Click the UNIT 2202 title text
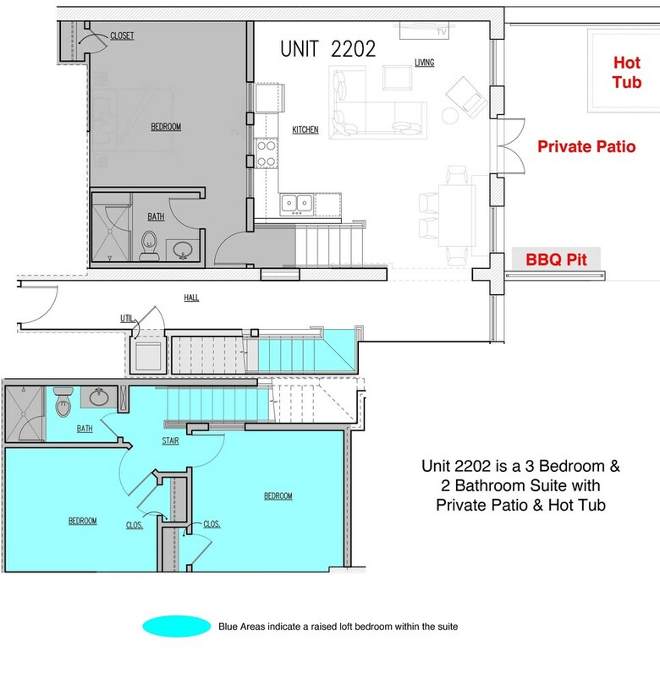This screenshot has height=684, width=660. coord(327,49)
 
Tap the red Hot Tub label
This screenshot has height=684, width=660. coord(627,73)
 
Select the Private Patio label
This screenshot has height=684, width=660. coord(586,146)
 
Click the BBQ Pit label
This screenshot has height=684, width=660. coord(556,260)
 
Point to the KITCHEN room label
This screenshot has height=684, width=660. coord(305,129)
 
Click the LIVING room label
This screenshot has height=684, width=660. coord(424,63)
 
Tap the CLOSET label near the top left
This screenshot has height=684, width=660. coord(122,36)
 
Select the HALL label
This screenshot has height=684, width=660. coord(191,298)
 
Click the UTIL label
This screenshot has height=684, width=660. coord(127,319)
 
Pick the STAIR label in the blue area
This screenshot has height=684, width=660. coord(170,441)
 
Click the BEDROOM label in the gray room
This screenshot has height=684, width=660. coord(166,127)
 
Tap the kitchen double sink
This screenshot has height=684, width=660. coord(297,204)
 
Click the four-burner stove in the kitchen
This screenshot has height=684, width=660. coord(266,153)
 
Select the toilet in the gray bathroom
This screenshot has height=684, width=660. coord(149,245)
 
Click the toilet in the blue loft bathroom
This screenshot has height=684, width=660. coord(63,402)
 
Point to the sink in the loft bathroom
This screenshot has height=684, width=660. coord(99,397)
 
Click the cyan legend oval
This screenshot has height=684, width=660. coord(176,627)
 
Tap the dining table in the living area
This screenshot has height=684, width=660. coord(457,216)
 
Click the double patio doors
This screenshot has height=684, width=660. coord(511,145)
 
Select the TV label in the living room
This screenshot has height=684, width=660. coord(442,32)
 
